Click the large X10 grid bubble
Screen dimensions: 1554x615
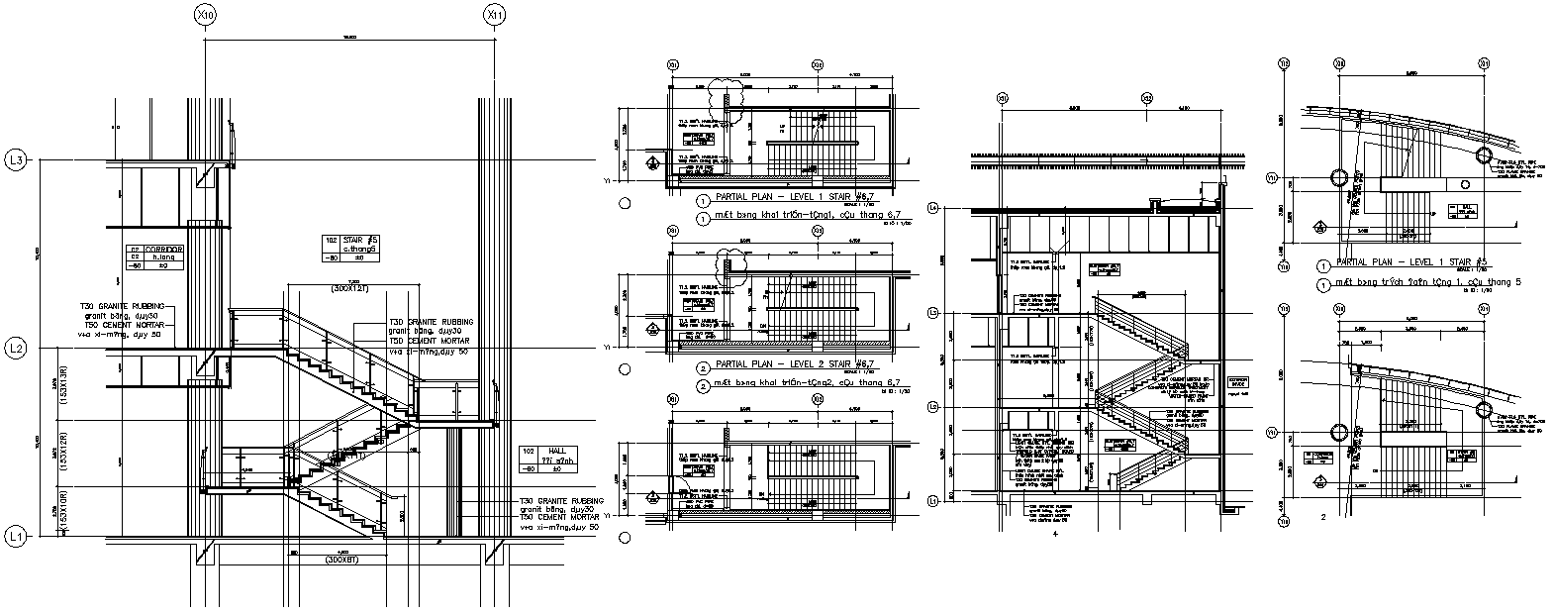click(x=206, y=16)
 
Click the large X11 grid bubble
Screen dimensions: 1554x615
click(x=495, y=16)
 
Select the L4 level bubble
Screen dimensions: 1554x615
click(x=932, y=208)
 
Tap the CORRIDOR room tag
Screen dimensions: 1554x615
click(x=148, y=256)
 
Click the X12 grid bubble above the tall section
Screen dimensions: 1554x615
click(x=1147, y=98)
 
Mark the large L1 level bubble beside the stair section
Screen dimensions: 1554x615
click(x=15, y=536)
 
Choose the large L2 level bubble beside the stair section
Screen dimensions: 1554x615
click(x=15, y=349)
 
